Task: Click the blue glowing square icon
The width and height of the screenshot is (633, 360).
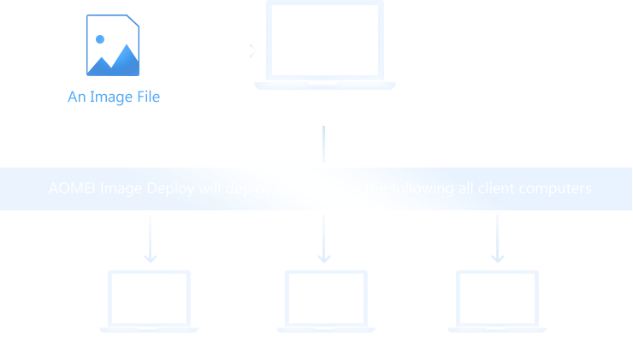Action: coord(112,44)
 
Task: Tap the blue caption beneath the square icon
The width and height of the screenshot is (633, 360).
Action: coord(114,97)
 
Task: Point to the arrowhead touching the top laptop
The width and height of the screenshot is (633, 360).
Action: coord(251,51)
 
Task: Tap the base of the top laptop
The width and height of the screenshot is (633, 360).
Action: coord(325,86)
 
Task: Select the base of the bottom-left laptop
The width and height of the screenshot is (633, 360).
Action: coord(149,330)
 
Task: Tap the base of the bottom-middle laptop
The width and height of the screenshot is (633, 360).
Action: coord(326,330)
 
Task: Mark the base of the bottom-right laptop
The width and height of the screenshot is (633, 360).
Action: coord(497,330)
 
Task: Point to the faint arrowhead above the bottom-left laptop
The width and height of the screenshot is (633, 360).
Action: coord(147,257)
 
